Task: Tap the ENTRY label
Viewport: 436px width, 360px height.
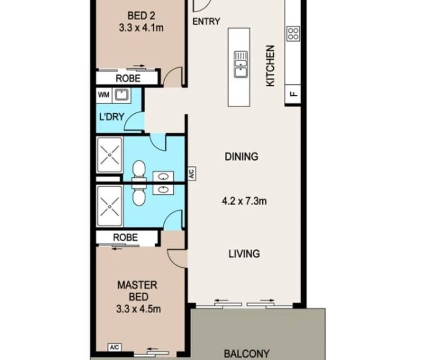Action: [206, 22]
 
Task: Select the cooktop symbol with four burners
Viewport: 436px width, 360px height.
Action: [293, 34]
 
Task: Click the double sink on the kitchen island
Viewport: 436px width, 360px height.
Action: [241, 65]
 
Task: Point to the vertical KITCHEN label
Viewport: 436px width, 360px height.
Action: [270, 66]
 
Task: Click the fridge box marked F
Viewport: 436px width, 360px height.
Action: [293, 94]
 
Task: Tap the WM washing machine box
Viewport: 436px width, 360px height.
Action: [103, 95]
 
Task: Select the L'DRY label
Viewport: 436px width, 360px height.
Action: [112, 117]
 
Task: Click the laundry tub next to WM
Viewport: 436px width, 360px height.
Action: [121, 95]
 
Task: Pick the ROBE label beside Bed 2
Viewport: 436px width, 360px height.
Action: [128, 78]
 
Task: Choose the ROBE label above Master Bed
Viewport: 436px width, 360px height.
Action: [125, 237]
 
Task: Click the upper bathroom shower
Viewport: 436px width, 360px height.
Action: [110, 155]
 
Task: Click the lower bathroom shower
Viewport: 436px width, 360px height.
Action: [110, 206]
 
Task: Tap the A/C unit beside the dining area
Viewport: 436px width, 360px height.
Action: [192, 174]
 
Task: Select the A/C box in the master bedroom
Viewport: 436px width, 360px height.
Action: [115, 347]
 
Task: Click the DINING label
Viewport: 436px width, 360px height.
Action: [241, 156]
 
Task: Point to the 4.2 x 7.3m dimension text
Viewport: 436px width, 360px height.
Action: [244, 201]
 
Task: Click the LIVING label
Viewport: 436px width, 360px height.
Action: [244, 254]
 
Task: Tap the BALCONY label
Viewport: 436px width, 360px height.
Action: [246, 354]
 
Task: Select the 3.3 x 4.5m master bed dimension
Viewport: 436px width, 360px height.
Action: [138, 309]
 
